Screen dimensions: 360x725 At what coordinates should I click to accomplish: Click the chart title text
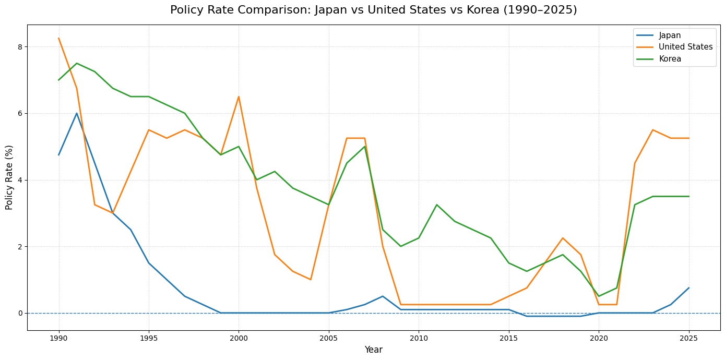(x=373, y=10)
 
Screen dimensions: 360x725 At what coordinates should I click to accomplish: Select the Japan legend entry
(x=670, y=35)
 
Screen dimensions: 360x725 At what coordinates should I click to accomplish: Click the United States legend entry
(x=685, y=47)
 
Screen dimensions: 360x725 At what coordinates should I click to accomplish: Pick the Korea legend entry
(x=670, y=59)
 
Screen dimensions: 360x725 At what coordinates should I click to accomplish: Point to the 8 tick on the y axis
(x=19, y=47)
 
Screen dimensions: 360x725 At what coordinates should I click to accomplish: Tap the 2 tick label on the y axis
(x=19, y=247)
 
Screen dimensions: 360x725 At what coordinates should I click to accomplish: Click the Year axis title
(x=373, y=350)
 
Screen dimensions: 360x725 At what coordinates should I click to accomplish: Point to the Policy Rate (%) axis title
(x=9, y=177)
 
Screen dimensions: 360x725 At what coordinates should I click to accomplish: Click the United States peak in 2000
(x=239, y=97)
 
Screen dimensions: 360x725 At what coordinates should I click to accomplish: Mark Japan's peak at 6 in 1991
(x=77, y=113)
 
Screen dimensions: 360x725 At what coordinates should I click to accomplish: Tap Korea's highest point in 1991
(x=77, y=63)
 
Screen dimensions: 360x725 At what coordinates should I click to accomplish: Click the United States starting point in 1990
(x=58, y=38)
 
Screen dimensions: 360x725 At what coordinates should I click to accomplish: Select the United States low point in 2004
(x=311, y=280)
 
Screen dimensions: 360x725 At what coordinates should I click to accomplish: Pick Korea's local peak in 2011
(x=436, y=205)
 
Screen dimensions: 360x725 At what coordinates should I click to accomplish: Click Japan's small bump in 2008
(x=383, y=296)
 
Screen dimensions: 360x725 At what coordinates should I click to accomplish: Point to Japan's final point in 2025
(x=688, y=288)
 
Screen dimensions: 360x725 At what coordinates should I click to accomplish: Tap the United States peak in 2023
(x=652, y=130)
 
